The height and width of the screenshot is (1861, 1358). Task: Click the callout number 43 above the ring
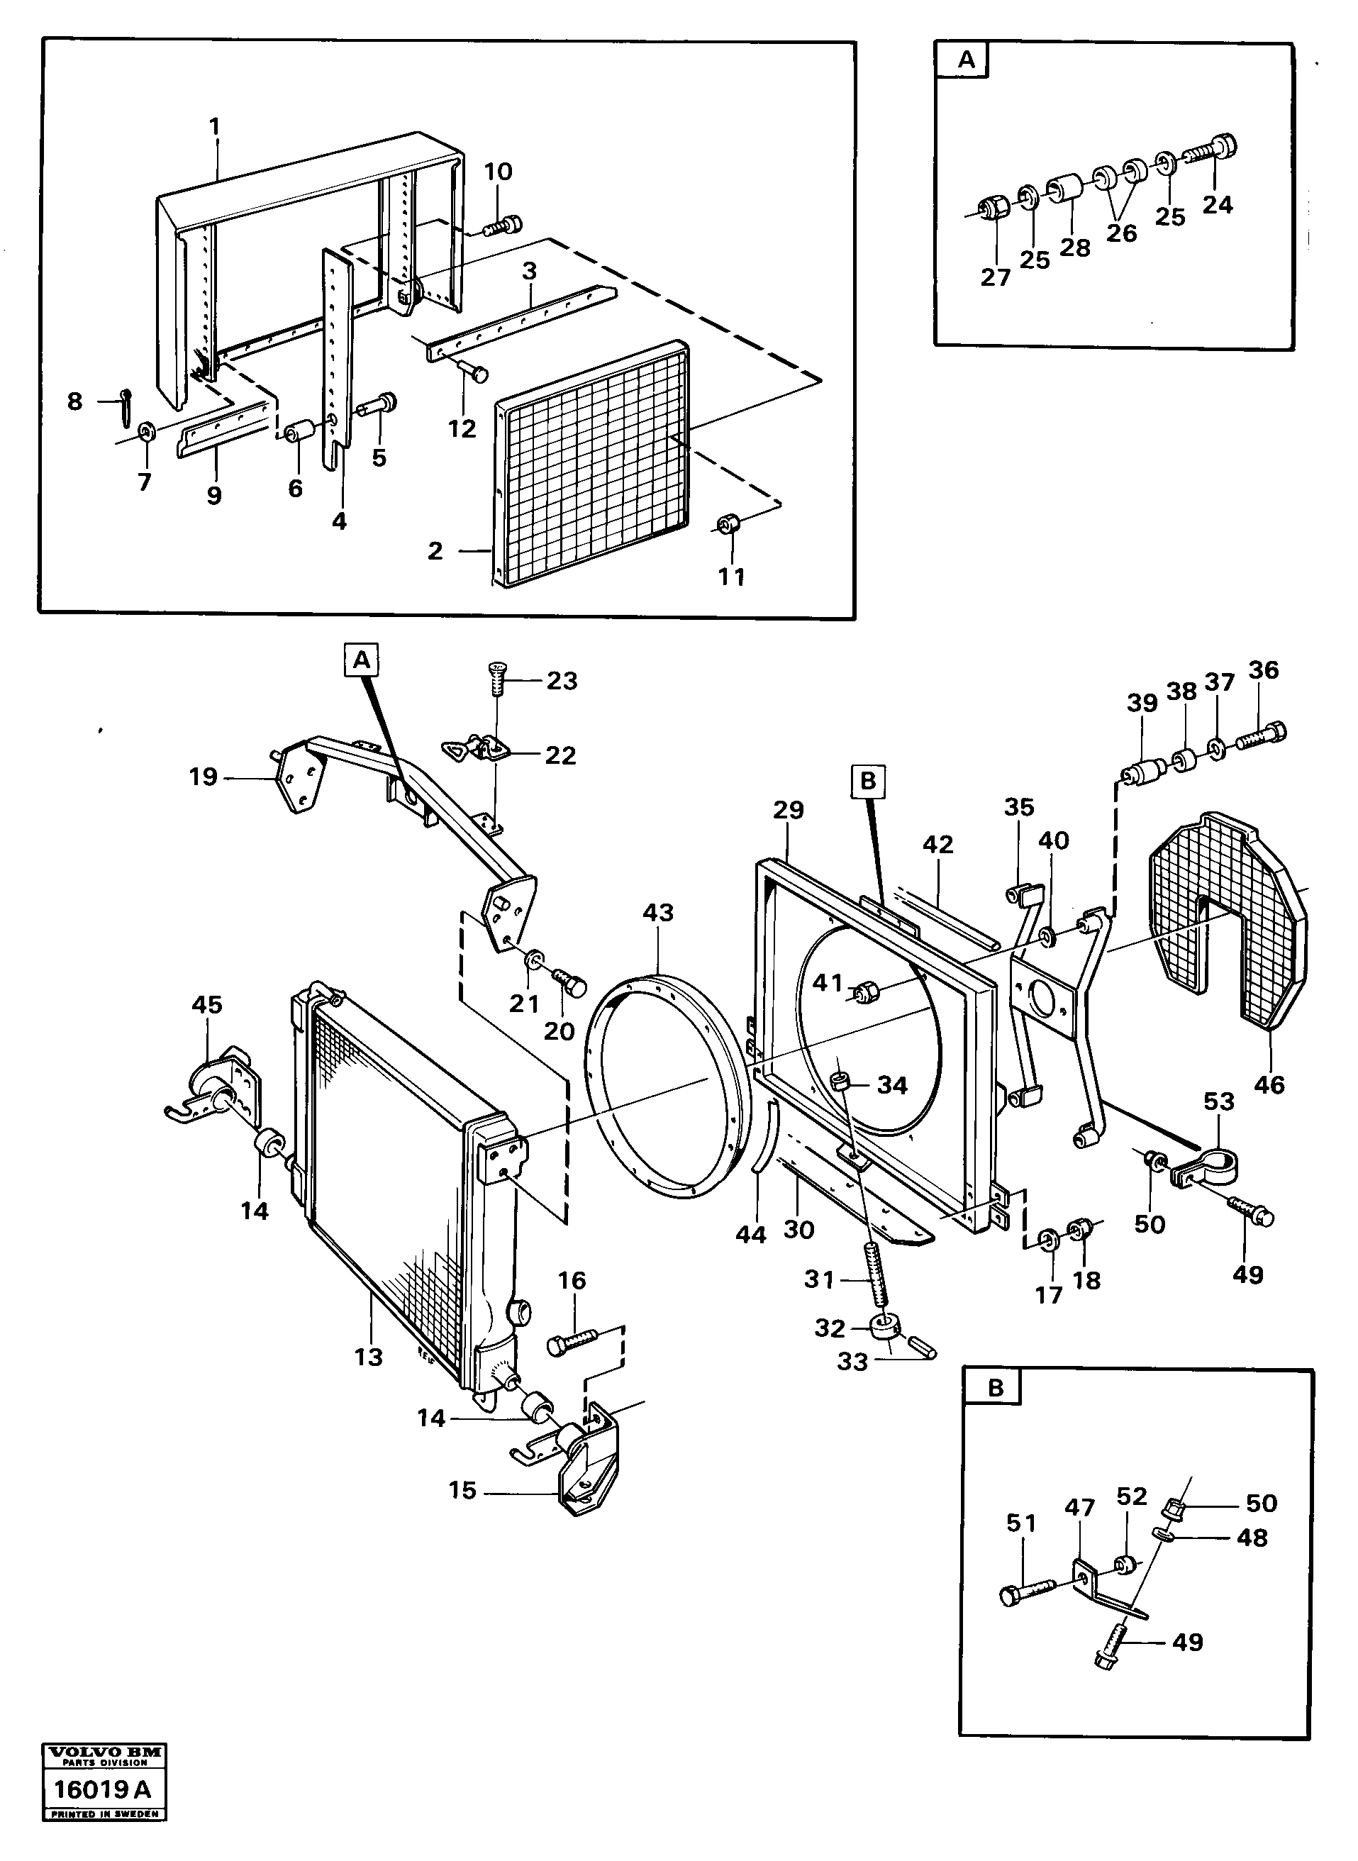click(x=657, y=913)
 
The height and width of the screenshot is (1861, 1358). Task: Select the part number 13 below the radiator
click(x=368, y=1357)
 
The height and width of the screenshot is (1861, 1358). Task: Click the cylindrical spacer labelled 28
click(x=1066, y=187)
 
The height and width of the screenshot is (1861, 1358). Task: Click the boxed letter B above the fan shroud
click(x=868, y=781)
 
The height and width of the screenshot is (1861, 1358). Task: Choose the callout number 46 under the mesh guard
click(x=1269, y=1084)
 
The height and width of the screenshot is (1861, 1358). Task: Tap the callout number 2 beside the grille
click(x=435, y=551)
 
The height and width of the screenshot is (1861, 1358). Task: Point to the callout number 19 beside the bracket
click(x=203, y=777)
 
